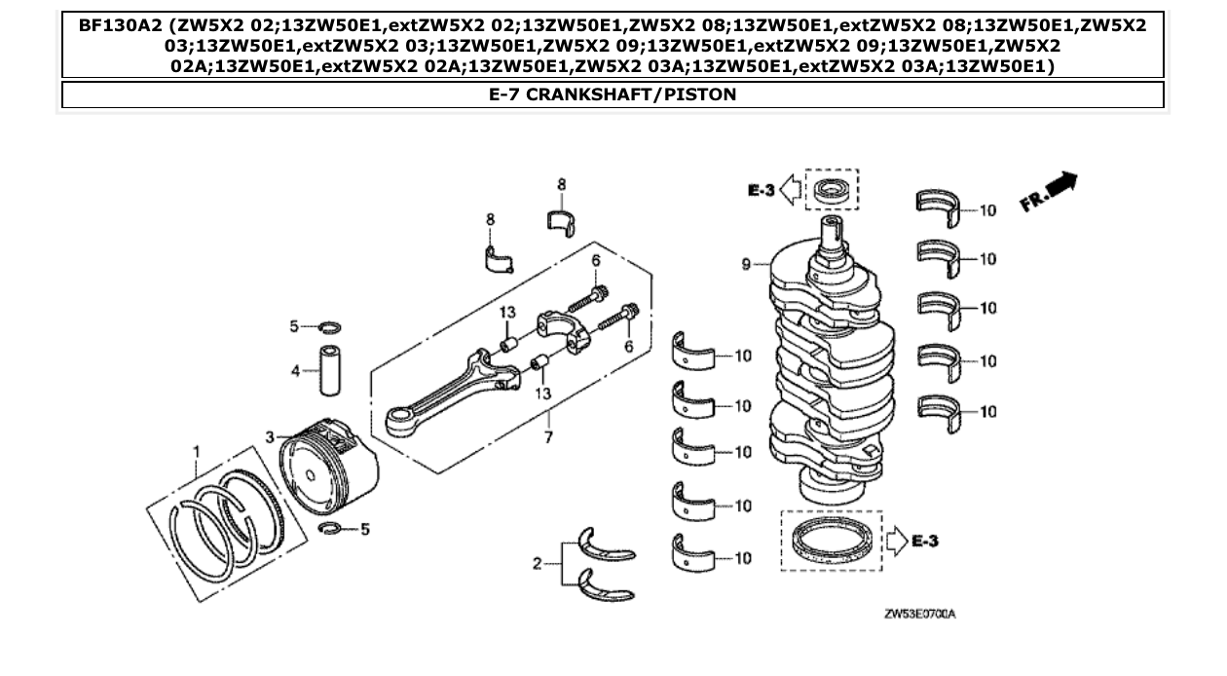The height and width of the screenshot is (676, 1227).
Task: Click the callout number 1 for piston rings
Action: tap(196, 451)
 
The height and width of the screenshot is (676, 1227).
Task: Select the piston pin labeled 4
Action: tap(328, 369)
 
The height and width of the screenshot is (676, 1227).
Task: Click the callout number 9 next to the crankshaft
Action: tap(746, 263)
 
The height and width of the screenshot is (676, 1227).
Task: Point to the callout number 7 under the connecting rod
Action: tap(548, 437)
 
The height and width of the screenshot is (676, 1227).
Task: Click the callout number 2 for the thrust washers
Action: tap(537, 563)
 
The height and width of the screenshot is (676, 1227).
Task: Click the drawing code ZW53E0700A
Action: tap(920, 615)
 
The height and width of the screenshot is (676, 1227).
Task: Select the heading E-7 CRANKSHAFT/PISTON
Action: tap(613, 94)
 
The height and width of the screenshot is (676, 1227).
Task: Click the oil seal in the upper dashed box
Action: tap(831, 188)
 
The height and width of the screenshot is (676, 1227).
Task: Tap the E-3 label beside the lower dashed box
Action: tap(926, 539)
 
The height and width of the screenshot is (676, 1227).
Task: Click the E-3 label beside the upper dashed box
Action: tap(762, 191)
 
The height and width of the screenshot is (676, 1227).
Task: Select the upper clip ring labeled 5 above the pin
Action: tap(329, 326)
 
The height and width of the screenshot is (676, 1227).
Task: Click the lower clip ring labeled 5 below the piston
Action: tap(331, 529)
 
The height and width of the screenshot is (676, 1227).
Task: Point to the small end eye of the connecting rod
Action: tap(398, 421)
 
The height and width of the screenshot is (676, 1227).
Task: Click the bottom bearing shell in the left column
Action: tap(692, 552)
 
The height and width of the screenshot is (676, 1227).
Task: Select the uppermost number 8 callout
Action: tap(562, 184)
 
